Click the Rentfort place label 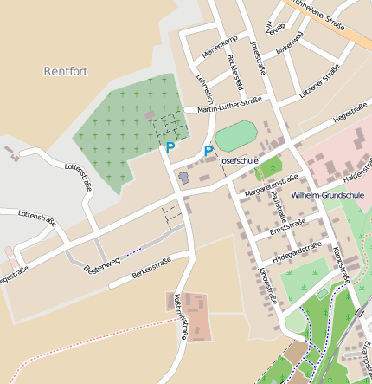coord(66,71)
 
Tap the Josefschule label coord(240,161)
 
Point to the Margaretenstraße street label coord(272,182)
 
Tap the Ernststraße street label coord(287,227)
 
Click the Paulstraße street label coord(277,208)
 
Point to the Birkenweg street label coord(289,42)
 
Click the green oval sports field coord(236,136)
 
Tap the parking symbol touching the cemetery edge coord(170,148)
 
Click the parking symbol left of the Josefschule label coord(208,152)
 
